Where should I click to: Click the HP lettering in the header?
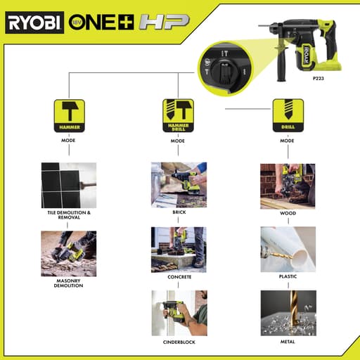pos(162,22)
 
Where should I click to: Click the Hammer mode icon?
pos(69,115)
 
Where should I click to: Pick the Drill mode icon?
pos(287,115)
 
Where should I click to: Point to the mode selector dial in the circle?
pos(223,67)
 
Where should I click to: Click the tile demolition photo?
pos(69,184)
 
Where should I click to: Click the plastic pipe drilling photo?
pos(287,249)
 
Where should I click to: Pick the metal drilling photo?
pos(287,312)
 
